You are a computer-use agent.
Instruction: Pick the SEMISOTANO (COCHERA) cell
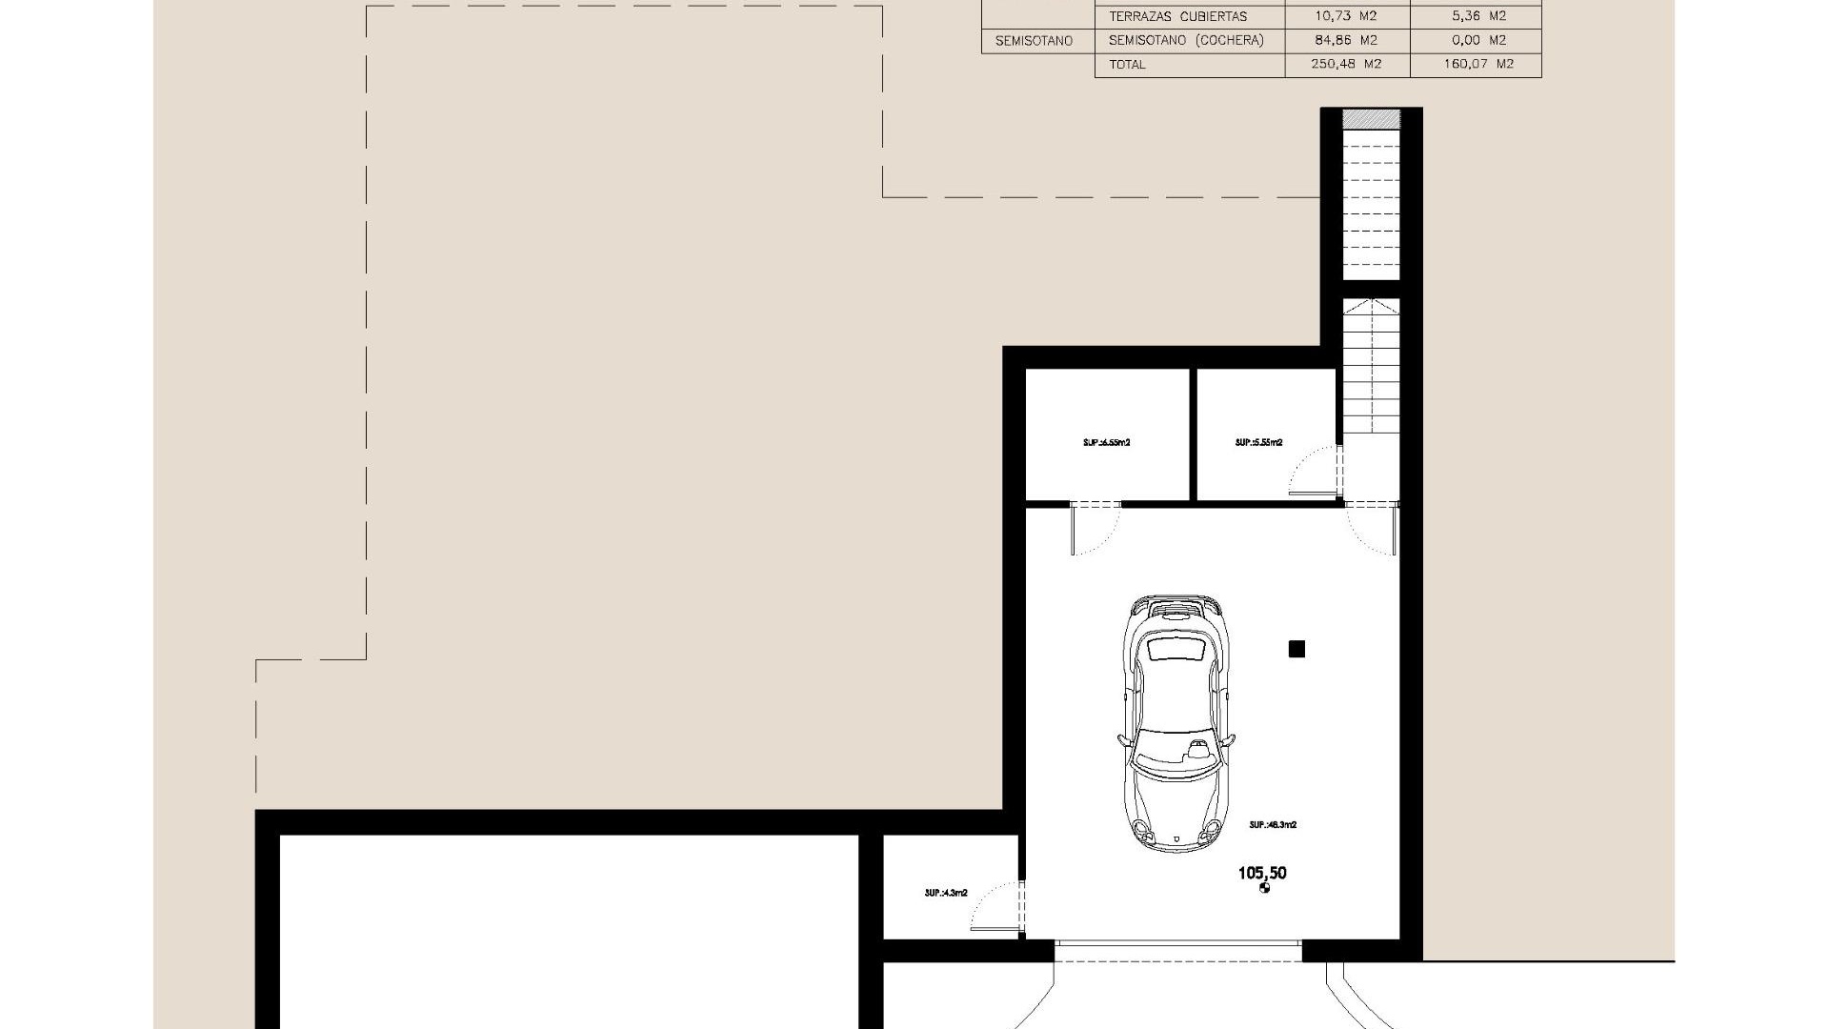point(1186,40)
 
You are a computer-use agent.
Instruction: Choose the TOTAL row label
point(1127,65)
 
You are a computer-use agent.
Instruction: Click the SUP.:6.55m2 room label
point(1106,443)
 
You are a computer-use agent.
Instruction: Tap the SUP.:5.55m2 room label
point(1258,443)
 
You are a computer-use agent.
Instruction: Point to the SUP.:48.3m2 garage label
point(1273,825)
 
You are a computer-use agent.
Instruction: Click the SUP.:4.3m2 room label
point(946,894)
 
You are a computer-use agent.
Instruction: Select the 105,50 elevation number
point(1262,873)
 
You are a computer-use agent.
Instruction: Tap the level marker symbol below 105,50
point(1265,889)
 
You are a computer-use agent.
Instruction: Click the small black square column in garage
point(1296,650)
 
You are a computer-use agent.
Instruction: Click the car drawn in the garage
point(1177,724)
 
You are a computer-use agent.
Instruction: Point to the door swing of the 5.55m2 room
point(1315,472)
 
